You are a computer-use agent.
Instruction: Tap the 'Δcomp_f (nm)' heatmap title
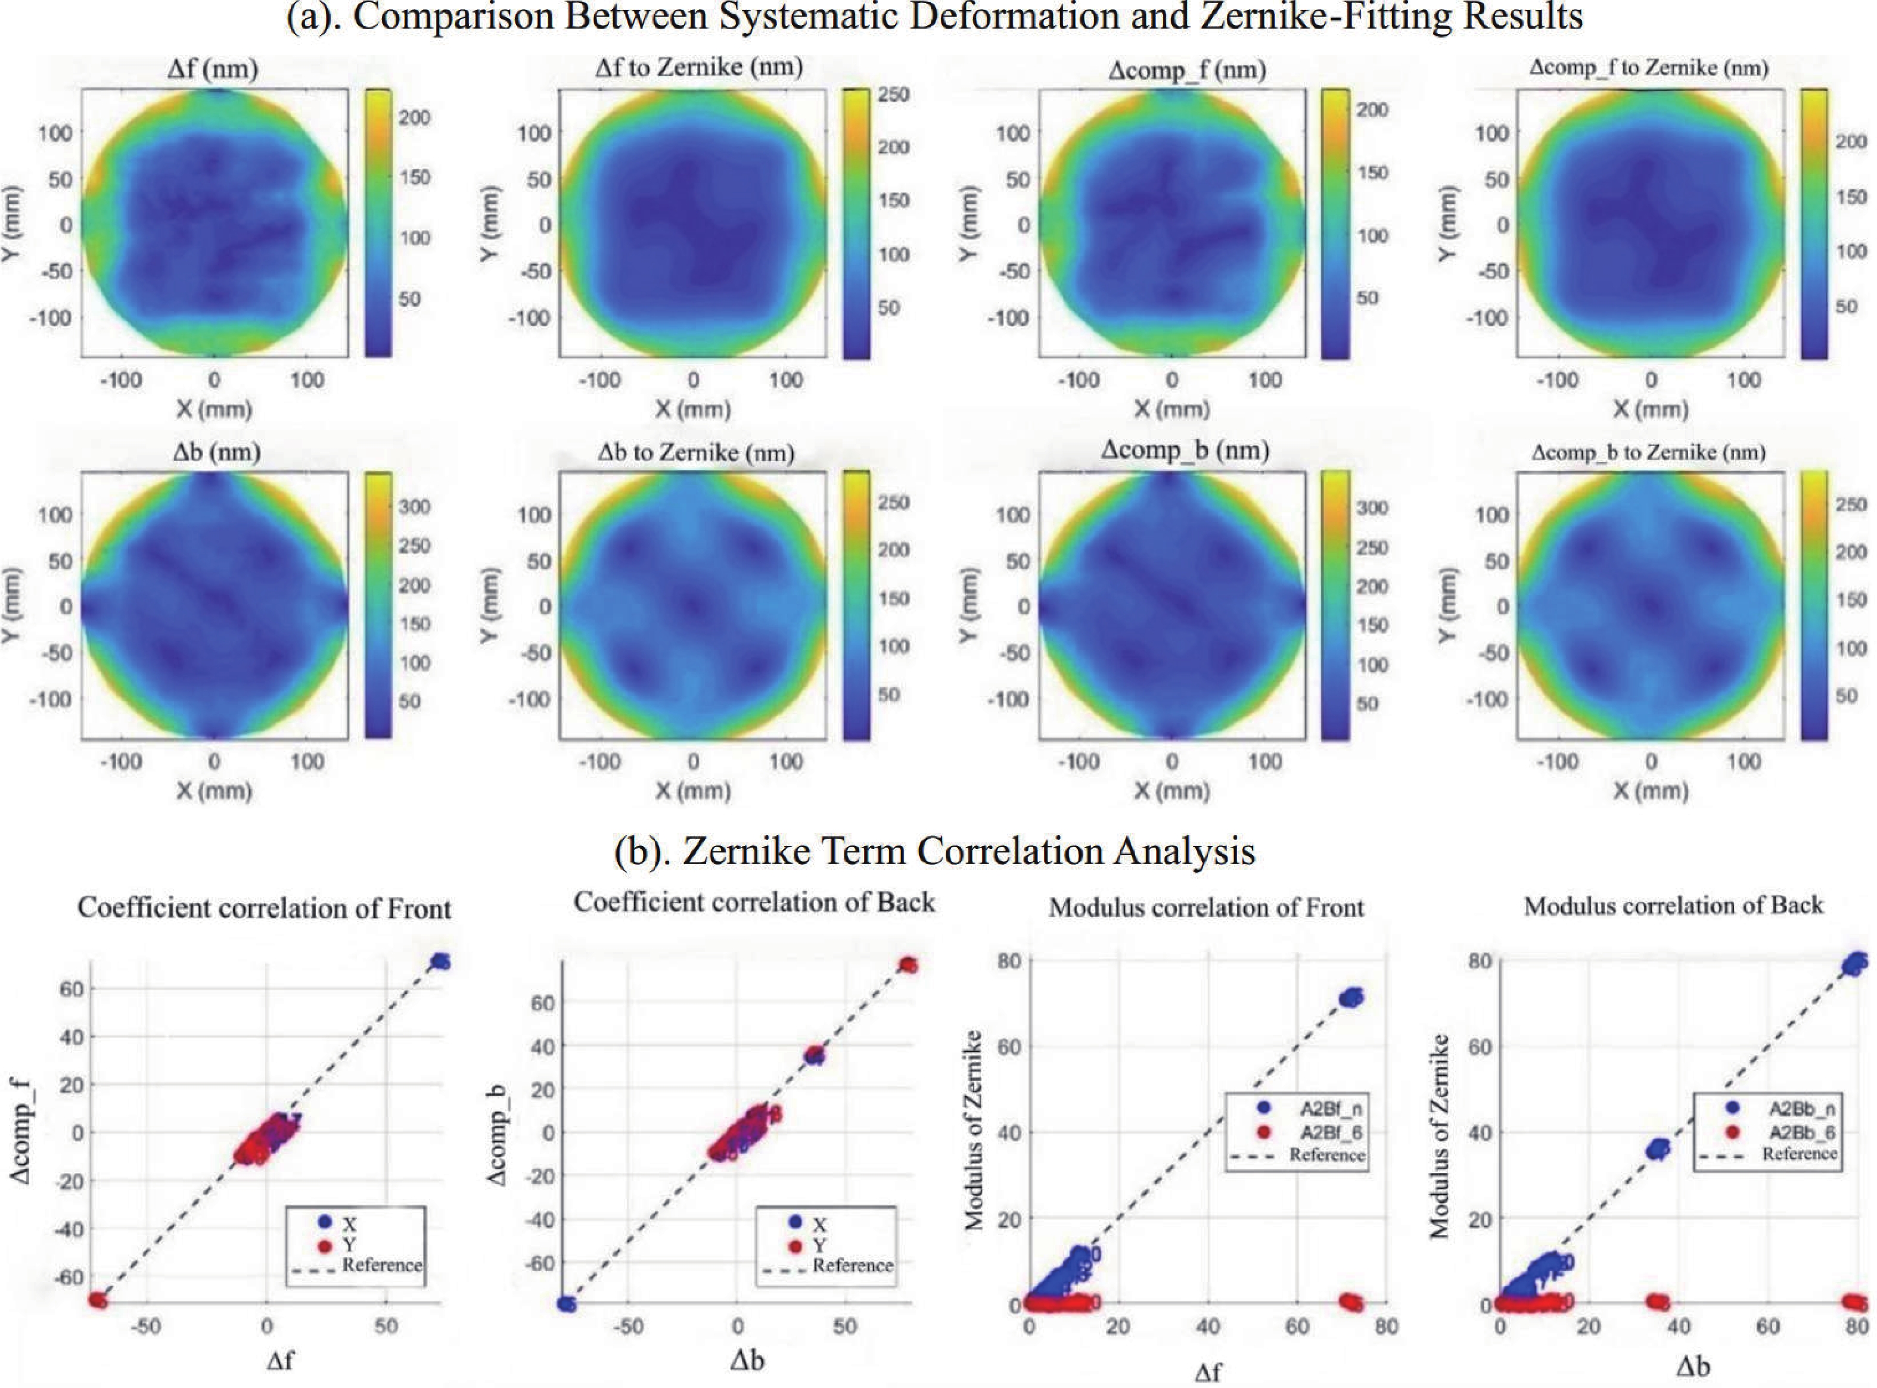point(1186,70)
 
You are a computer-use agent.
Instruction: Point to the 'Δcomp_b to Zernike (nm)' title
point(1648,453)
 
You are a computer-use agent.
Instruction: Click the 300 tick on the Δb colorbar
point(414,506)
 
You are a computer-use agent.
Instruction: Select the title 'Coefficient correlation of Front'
point(264,909)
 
